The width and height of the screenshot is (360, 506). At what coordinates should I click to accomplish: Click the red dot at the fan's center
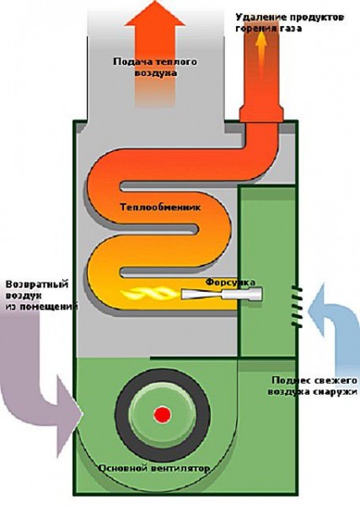tap(162, 414)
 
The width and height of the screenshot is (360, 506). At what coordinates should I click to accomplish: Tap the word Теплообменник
tap(160, 207)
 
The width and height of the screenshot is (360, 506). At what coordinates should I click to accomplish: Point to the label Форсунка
tap(231, 282)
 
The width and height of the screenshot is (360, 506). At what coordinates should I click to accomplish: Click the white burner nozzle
tap(222, 293)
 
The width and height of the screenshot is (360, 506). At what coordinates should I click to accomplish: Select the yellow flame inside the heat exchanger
tap(149, 293)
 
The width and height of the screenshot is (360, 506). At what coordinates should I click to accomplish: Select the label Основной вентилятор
tap(154, 468)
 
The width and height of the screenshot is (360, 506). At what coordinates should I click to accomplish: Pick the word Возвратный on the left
tap(37, 284)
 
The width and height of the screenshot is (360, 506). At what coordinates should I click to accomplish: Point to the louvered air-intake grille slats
tap(297, 307)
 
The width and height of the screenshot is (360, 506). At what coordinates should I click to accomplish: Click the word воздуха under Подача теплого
tap(156, 73)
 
